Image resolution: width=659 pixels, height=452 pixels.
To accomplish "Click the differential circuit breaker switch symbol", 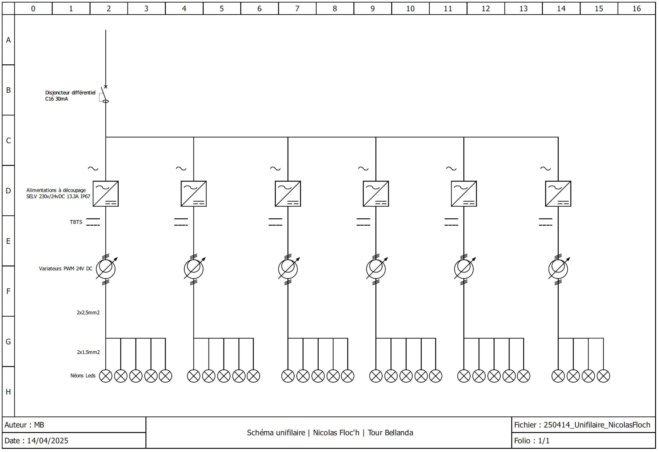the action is (104, 94).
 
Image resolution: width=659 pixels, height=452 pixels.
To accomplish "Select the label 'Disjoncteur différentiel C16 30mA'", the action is (70, 96).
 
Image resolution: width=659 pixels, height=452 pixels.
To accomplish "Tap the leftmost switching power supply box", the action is (106, 194).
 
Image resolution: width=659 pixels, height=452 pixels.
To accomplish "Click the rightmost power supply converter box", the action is (558, 194).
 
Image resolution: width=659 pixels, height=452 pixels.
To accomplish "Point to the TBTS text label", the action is (76, 222).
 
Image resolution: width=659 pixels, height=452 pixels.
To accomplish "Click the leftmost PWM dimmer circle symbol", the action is (106, 268).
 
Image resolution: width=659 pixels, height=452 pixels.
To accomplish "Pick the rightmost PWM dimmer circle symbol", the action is (558, 268).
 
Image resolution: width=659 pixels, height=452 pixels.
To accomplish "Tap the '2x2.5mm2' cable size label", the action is (88, 312).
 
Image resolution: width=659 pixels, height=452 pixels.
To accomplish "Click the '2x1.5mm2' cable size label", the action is (88, 352).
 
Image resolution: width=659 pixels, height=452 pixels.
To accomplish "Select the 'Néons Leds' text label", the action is (83, 376).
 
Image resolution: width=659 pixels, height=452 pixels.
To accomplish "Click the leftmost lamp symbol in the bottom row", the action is (106, 376).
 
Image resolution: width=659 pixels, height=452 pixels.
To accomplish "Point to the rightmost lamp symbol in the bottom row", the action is (603, 376).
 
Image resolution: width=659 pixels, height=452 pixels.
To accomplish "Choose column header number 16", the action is (636, 8).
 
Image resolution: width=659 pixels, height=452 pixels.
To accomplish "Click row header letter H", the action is (8, 392).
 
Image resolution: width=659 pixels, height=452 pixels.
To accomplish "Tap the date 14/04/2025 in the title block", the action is (48, 440).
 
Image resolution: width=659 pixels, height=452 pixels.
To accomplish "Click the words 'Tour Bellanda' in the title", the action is (390, 433).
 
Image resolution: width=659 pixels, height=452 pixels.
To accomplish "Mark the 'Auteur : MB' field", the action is (24, 425).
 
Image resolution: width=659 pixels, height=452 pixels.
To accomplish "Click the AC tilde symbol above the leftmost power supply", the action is (93, 168).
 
